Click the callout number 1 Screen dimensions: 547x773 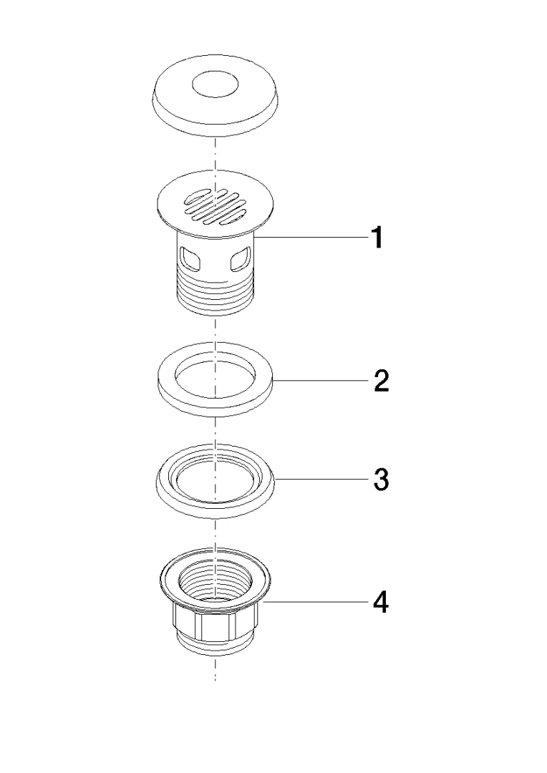(377, 238)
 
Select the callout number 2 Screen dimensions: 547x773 (382, 381)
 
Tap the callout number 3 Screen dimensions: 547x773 (382, 479)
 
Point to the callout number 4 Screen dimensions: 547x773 (379, 602)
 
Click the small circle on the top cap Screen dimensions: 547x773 (215, 84)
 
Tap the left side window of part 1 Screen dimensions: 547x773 (190, 259)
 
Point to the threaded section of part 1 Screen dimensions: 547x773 (215, 293)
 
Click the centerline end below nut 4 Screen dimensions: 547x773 (215, 681)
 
